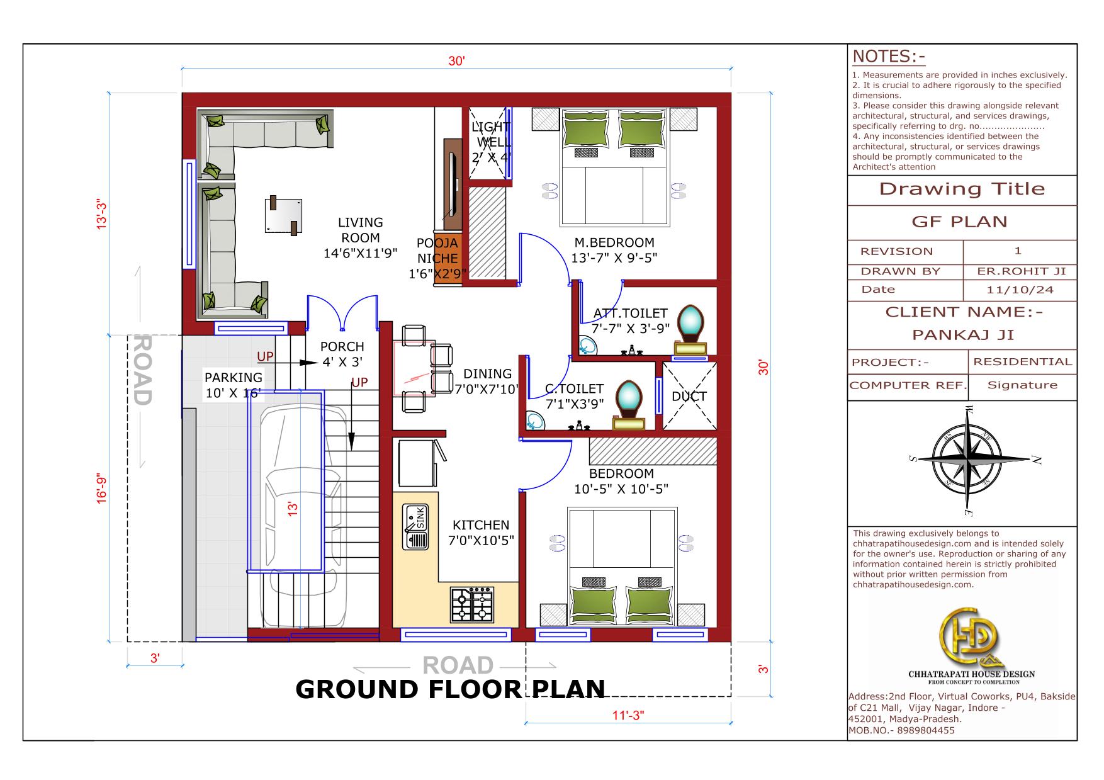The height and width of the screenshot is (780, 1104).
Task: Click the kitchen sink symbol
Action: (415, 526)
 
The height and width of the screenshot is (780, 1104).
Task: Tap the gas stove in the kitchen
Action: (471, 604)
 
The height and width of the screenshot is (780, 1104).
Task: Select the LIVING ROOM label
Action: (360, 230)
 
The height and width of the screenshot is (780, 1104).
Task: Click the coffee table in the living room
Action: (283, 216)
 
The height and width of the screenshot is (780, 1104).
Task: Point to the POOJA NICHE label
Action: (437, 251)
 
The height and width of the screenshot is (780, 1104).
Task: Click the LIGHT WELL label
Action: (490, 135)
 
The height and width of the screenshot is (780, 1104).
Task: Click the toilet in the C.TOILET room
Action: (629, 405)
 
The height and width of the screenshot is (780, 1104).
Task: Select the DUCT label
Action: (689, 397)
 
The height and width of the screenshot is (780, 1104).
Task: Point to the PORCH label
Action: (342, 347)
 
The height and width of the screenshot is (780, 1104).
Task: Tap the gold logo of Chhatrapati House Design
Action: (970, 636)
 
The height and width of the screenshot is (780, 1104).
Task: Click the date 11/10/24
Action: (1018, 290)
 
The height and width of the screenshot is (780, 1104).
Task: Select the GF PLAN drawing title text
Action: (959, 222)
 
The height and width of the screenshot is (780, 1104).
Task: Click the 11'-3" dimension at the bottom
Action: (628, 716)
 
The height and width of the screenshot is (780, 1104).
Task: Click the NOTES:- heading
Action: (889, 57)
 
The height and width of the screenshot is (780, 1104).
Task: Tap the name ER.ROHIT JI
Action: (1022, 271)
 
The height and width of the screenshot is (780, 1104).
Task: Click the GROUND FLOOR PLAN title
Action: (450, 689)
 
